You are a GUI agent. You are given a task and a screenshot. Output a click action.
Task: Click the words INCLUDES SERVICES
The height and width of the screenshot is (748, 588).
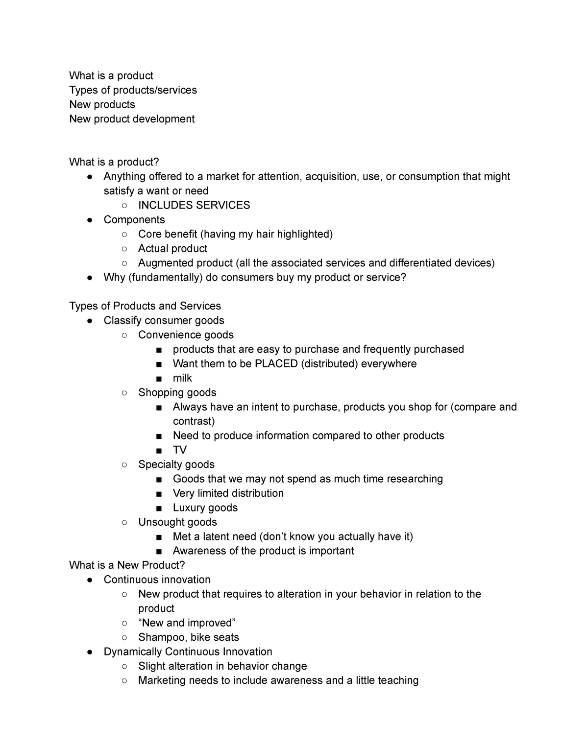click(x=194, y=205)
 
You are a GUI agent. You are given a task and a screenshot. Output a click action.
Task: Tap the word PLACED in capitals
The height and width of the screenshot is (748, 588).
click(x=276, y=364)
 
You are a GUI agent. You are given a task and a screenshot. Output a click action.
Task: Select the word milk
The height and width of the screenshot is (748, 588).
click(x=182, y=378)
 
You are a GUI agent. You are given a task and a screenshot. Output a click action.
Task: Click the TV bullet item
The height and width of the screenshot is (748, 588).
click(x=180, y=450)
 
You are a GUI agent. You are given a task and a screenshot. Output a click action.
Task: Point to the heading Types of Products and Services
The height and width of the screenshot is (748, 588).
click(x=145, y=306)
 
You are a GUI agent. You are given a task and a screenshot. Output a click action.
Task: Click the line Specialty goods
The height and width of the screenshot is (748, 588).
click(x=176, y=465)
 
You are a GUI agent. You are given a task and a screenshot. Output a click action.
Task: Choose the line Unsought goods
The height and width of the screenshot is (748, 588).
click(x=177, y=522)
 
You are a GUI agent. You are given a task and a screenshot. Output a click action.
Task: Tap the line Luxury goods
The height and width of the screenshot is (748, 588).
click(x=205, y=508)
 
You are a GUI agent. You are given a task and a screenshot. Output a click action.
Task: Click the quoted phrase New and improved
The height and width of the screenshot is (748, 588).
click(x=187, y=623)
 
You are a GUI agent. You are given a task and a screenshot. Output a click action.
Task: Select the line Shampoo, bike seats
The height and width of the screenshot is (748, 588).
click(x=189, y=637)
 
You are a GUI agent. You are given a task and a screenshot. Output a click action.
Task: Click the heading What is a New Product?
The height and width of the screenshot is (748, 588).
click(x=127, y=565)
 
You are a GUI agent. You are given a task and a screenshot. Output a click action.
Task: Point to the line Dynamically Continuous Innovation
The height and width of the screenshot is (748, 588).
click(x=188, y=652)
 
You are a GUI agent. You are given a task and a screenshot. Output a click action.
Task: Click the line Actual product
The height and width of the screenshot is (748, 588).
click(x=172, y=249)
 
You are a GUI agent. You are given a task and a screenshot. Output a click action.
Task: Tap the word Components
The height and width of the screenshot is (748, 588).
click(x=134, y=220)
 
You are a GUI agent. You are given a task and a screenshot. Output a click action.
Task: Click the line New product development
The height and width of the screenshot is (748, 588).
click(x=132, y=119)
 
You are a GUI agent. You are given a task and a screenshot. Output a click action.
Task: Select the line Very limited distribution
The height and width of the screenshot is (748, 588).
click(x=228, y=493)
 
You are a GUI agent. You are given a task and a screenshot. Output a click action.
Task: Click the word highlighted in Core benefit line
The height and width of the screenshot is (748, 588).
click(x=304, y=234)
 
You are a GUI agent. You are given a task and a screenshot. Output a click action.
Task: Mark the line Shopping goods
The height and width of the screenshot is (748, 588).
click(x=177, y=393)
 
